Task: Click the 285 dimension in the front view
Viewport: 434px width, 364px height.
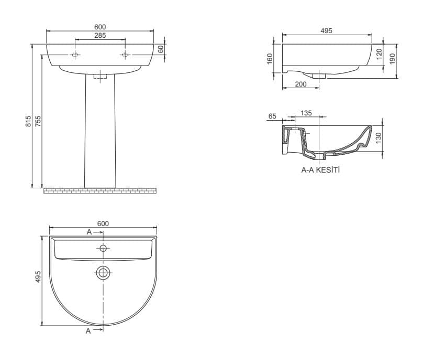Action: (x=100, y=36)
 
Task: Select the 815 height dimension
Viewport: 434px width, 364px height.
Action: (x=28, y=122)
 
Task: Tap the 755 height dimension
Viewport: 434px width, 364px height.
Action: (x=38, y=122)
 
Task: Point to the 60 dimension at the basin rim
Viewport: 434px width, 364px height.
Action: (x=161, y=49)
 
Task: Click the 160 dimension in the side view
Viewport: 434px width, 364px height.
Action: (x=270, y=58)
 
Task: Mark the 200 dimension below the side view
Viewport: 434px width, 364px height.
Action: (x=301, y=84)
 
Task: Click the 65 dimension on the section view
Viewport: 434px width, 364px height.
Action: (x=272, y=116)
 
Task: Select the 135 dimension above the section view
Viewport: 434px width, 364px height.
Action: (x=306, y=113)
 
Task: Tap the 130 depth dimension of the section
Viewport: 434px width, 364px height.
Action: (x=379, y=138)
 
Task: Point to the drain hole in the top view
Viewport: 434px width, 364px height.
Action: (x=103, y=272)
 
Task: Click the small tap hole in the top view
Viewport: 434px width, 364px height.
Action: (x=103, y=248)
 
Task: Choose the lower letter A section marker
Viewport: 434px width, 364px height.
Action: (x=88, y=331)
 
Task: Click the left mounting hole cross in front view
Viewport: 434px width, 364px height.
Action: (x=75, y=55)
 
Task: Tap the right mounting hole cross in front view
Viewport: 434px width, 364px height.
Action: (x=125, y=55)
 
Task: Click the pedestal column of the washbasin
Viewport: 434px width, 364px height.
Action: (x=100, y=131)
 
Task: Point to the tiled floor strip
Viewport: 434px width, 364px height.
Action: (x=100, y=190)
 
